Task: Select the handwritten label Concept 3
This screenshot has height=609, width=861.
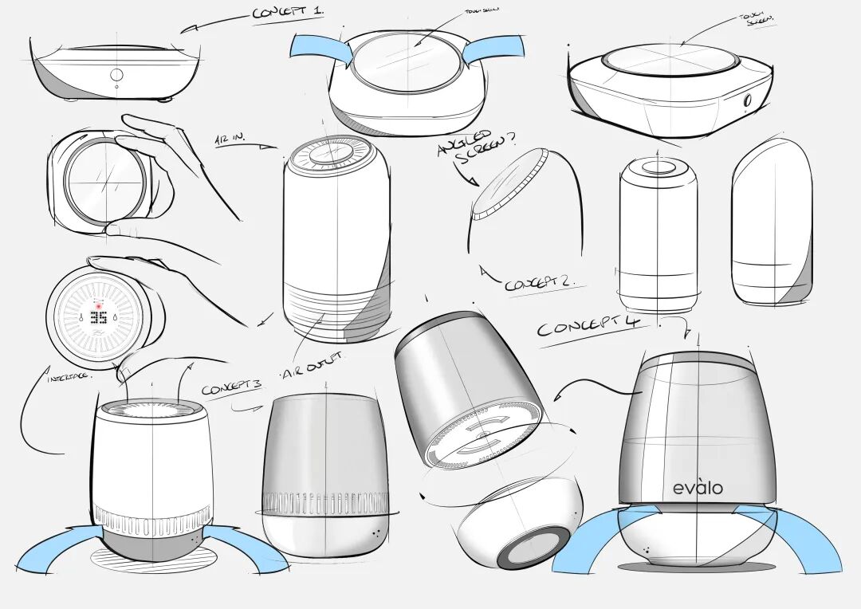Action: (x=231, y=387)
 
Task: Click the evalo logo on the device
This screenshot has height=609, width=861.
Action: (x=698, y=487)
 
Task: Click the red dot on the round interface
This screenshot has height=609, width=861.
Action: (x=100, y=304)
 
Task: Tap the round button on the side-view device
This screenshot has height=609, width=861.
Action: (x=116, y=74)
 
